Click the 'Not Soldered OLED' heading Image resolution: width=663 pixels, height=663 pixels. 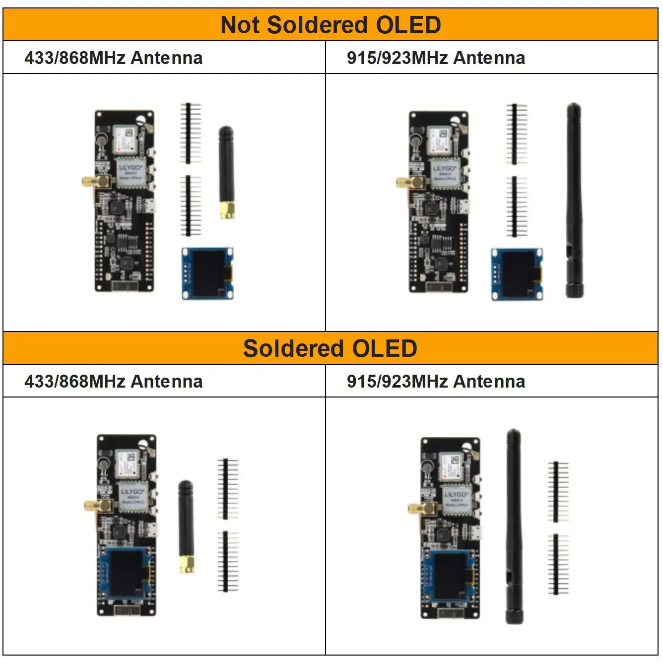pos(331,25)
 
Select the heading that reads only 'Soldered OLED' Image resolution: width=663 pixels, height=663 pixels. pos(331,348)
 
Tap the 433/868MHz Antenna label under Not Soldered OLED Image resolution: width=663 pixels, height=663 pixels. pos(114,58)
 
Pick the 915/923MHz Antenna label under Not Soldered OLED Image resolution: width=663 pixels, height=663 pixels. pos(436,58)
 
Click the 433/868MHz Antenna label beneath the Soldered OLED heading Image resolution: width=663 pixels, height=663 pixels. pos(114,382)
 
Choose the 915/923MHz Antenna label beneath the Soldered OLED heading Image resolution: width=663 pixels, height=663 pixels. pos(436,382)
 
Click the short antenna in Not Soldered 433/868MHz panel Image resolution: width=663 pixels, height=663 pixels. pos(226,171)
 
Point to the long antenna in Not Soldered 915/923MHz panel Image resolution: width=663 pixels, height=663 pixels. pos(574,199)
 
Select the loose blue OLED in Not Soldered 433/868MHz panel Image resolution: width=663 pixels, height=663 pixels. pos(207,273)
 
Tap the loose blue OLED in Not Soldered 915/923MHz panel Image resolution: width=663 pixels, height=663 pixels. pos(517,274)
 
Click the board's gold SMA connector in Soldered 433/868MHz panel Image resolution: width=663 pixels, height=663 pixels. pos(95,506)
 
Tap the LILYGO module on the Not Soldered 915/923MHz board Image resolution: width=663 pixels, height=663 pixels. pos(444,173)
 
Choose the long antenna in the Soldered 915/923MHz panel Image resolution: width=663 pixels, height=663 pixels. pos(514,526)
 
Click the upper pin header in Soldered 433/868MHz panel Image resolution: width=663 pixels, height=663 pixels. pos(227,489)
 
